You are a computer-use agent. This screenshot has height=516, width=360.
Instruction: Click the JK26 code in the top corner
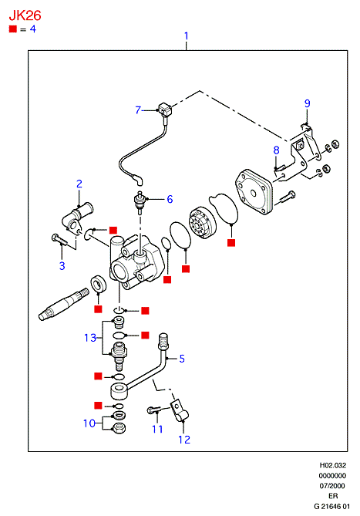click(25, 15)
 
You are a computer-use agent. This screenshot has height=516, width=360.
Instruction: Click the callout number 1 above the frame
click(187, 36)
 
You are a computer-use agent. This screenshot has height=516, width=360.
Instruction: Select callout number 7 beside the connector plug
click(138, 110)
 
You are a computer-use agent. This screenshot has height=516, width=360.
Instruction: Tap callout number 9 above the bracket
click(307, 103)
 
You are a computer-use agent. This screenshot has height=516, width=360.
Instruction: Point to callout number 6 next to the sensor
click(170, 199)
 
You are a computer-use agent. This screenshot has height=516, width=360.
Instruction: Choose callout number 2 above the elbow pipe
click(79, 184)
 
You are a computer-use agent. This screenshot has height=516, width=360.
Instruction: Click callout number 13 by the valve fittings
click(89, 338)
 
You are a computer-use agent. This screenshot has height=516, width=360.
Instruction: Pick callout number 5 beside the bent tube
click(182, 359)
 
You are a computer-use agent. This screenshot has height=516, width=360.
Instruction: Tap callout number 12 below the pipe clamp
click(184, 440)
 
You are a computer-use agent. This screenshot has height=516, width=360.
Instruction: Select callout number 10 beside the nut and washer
click(89, 423)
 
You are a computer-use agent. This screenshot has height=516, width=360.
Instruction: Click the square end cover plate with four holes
click(254, 192)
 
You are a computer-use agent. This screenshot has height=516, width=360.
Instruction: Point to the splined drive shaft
click(63, 304)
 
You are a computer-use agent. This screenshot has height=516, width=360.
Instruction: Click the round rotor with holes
click(202, 223)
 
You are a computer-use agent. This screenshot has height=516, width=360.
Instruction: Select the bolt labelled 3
click(59, 240)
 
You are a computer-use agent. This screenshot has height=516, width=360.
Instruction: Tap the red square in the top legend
click(13, 29)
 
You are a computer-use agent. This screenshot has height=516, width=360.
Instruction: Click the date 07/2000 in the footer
click(332, 486)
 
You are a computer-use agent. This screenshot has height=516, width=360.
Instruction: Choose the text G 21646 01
click(331, 506)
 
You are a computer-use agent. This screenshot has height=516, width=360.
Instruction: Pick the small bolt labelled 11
click(154, 410)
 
